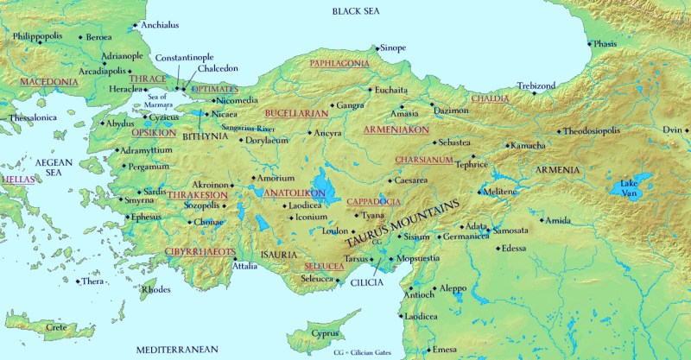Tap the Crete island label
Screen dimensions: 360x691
[x=56, y=327]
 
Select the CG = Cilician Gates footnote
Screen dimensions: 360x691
[x=371, y=353]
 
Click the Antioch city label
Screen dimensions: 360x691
[x=420, y=294]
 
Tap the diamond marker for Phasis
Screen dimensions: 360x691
[x=590, y=44]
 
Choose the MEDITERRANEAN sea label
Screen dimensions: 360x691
[x=178, y=349]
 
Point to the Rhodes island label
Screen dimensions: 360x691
[x=155, y=289]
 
